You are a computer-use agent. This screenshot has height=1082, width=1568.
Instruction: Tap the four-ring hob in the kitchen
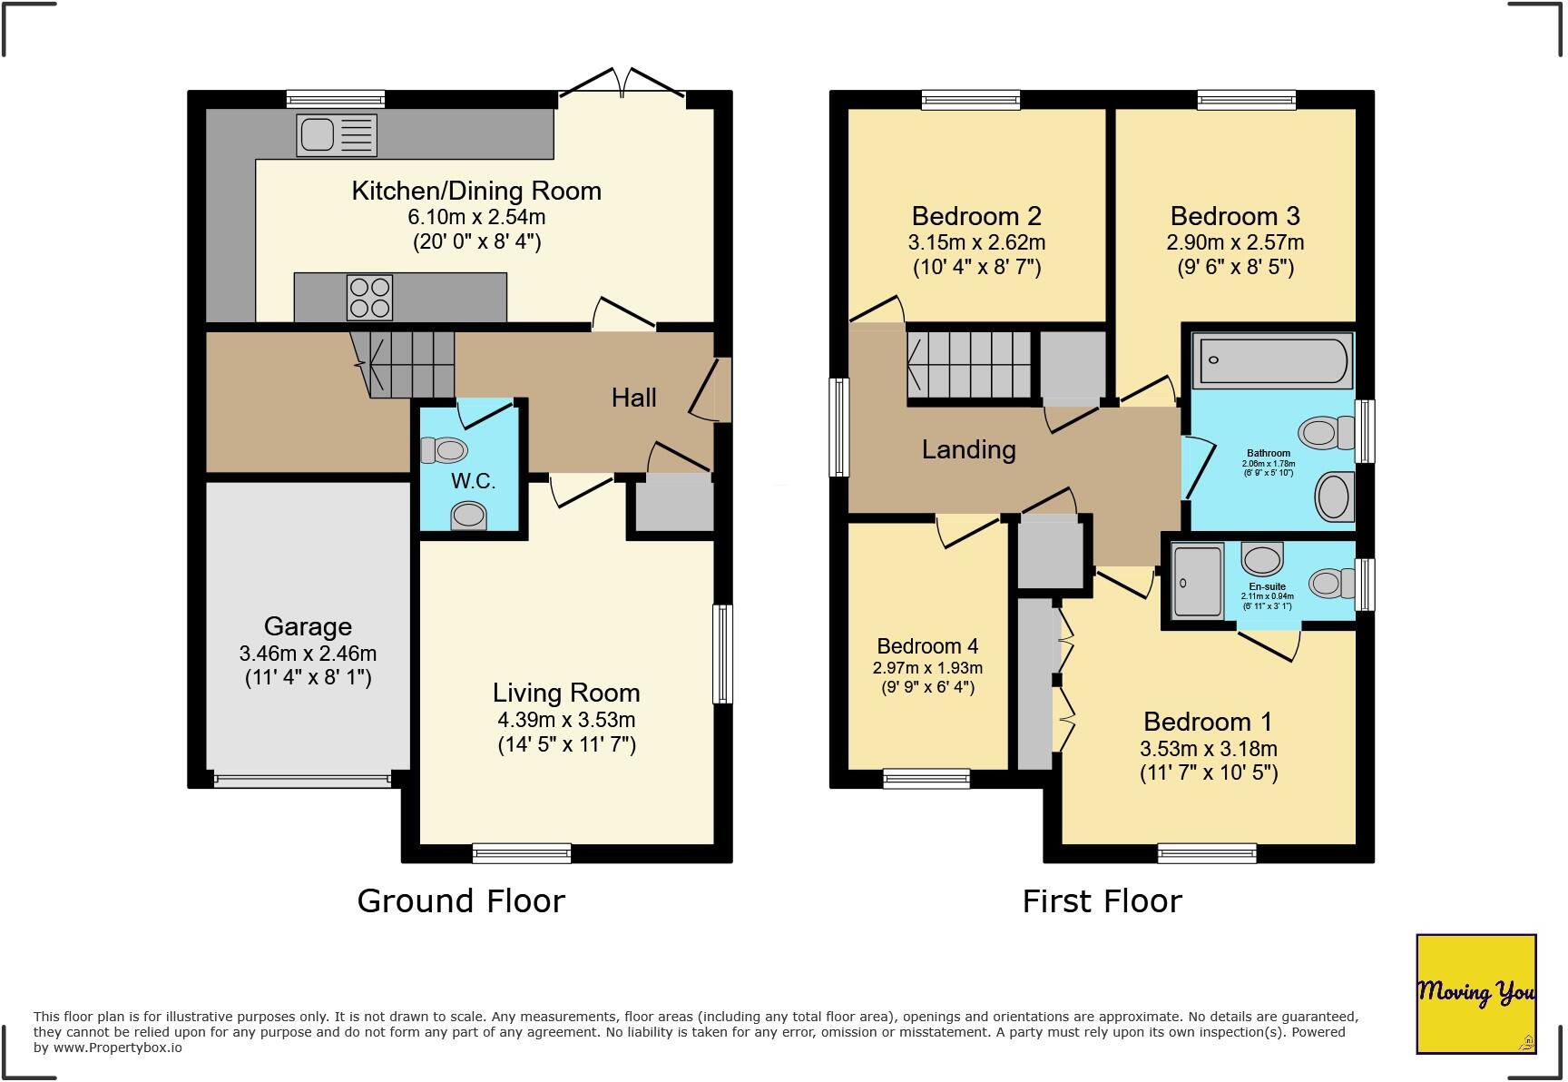(369, 298)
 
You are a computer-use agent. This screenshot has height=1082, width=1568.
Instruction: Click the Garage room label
(308, 626)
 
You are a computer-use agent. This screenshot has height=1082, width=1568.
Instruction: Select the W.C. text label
(473, 481)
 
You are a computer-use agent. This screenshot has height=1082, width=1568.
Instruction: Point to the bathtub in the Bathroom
(1273, 360)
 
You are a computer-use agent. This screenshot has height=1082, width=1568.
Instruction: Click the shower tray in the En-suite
(1197, 580)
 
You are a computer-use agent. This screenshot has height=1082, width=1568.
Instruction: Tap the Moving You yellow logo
(1475, 993)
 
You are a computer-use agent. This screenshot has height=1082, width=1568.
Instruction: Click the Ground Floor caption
(461, 900)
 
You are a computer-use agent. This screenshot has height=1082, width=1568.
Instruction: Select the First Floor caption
(1102, 900)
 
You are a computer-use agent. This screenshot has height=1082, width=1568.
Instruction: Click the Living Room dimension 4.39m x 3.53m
(566, 720)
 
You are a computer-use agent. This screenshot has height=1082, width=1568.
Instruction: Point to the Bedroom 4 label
(927, 646)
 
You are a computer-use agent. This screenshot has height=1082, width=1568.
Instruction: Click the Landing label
(968, 449)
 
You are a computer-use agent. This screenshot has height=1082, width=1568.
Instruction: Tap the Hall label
(633, 397)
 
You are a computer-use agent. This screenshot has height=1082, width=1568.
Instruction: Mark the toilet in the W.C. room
(444, 449)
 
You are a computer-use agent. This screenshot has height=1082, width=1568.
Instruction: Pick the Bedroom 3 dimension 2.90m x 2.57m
(1235, 242)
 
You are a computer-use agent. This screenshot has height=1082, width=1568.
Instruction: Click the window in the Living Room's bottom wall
(522, 852)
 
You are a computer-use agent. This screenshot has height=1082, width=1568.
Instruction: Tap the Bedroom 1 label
(1207, 722)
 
